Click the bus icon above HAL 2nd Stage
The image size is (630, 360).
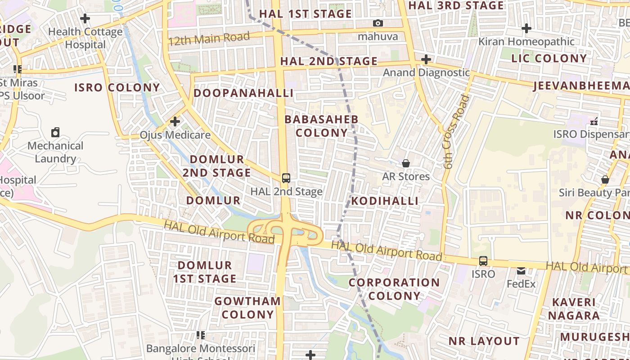tap(286, 178)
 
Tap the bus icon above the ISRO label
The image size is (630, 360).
tap(483, 261)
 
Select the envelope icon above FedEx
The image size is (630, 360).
tap(521, 271)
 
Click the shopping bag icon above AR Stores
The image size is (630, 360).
tap(406, 163)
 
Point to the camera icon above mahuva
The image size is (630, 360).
tap(378, 23)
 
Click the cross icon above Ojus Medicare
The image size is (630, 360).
tap(175, 121)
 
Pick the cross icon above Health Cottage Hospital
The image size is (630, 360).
tap(85, 18)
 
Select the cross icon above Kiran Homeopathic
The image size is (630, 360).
tap(526, 28)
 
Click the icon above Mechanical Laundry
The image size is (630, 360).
tap(55, 132)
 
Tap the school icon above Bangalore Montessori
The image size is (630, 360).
tap(201, 335)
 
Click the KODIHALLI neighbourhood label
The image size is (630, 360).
tap(385, 201)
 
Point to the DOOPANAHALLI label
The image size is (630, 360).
tap(243, 93)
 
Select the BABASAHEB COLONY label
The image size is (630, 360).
tap(322, 126)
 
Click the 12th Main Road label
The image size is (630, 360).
tap(209, 39)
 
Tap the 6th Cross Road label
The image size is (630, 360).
tap(455, 132)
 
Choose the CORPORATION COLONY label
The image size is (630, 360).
tap(394, 289)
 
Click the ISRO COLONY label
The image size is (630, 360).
tap(117, 87)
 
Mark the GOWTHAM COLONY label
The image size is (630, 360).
tap(247, 308)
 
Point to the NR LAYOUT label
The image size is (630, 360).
tap(484, 341)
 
